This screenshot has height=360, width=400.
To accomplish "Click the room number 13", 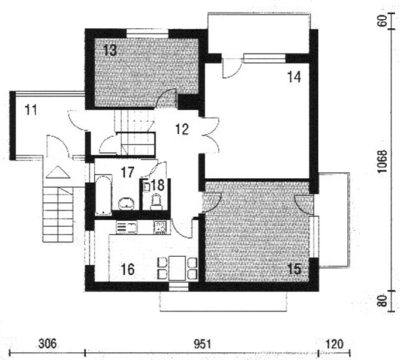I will pos(109,50).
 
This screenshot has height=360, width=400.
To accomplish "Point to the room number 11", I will pos(32,109).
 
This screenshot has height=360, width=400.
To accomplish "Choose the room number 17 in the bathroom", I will pos(127,172).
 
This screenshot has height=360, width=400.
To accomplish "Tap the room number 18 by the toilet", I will pos(157,185).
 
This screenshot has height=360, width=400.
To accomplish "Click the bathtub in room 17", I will pos(103,193).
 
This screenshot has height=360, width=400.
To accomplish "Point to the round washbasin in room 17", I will pos(126,203).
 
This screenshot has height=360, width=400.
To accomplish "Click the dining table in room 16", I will pos(177,267).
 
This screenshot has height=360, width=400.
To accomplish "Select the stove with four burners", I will pos(160,227).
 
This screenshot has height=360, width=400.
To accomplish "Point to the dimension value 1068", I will pos(382,161).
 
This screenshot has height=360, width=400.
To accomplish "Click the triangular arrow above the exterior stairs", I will pos(58,173).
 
